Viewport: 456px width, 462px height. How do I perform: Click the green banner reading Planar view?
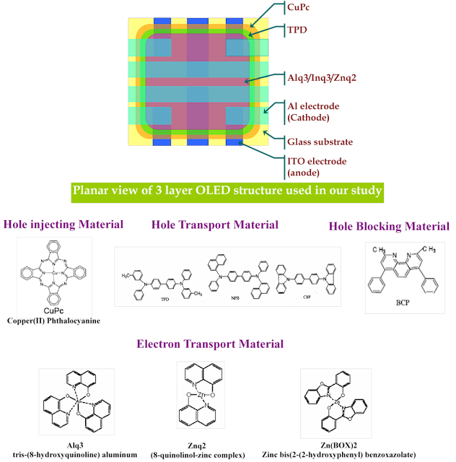point(227,193)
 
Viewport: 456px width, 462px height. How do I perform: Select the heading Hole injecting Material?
point(63,225)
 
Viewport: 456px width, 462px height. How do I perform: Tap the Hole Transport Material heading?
point(214,225)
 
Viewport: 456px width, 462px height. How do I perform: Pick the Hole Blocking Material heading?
point(389,226)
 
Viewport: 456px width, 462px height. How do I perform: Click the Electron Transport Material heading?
point(220,344)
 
